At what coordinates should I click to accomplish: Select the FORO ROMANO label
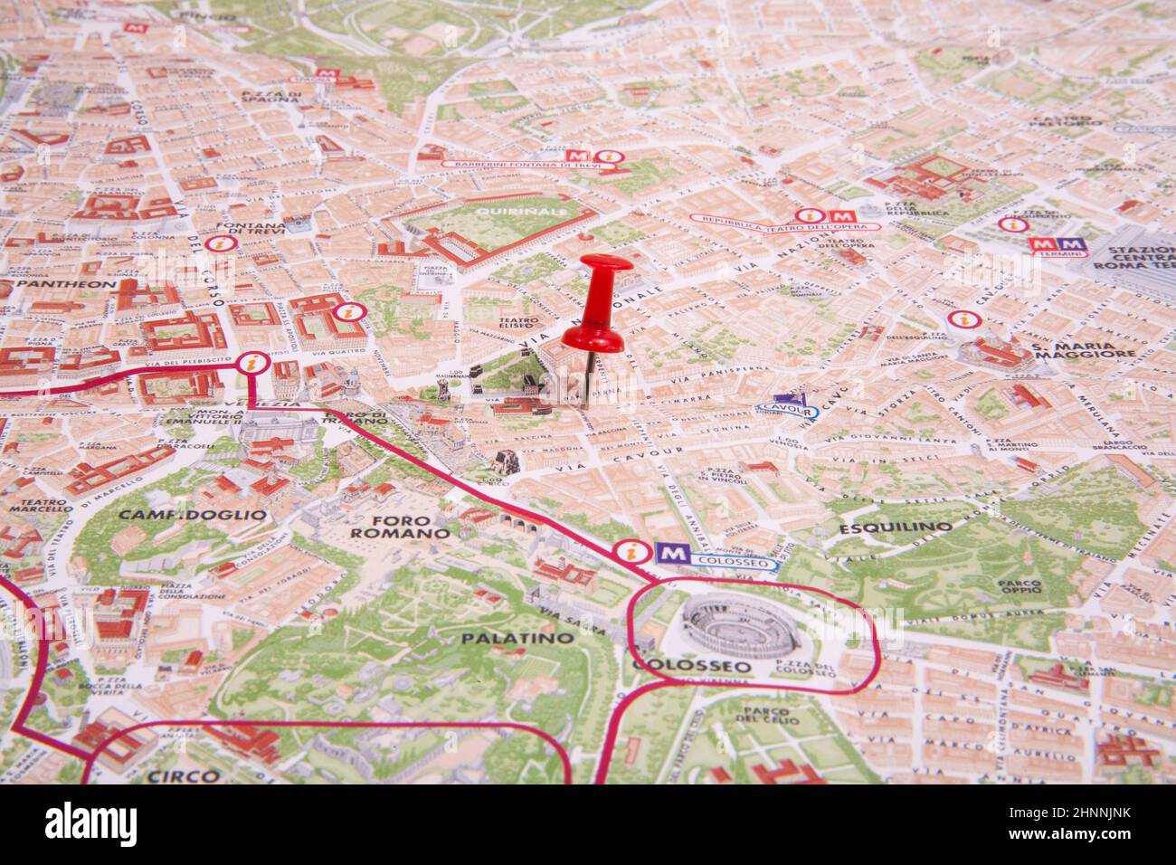click(399, 528)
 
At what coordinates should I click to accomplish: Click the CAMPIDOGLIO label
click(193, 515)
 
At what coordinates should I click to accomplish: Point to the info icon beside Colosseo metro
click(626, 552)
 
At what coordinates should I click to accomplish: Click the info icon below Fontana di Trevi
click(217, 244)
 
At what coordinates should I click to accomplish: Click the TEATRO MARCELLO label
click(40, 505)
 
